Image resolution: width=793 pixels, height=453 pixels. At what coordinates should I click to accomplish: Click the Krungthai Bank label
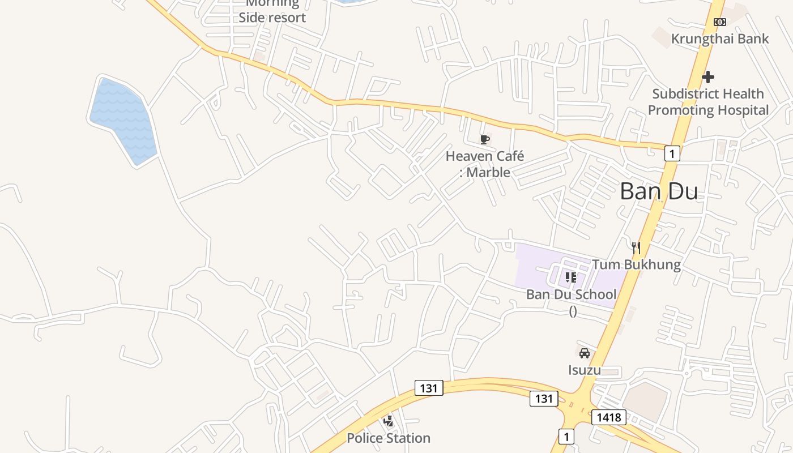tap(719, 39)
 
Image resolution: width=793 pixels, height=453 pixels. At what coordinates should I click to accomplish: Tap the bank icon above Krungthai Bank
tap(719, 22)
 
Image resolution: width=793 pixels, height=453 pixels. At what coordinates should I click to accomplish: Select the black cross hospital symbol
tap(708, 77)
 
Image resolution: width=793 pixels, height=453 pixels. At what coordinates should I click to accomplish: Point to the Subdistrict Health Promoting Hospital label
tap(708, 102)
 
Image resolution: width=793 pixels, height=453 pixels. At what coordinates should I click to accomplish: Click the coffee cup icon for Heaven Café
tap(484, 139)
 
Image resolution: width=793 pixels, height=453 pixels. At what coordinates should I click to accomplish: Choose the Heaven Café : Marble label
tap(485, 164)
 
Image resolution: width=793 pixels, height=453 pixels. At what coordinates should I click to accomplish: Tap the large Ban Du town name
tap(659, 191)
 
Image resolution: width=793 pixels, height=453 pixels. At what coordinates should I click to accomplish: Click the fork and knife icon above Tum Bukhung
tap(636, 247)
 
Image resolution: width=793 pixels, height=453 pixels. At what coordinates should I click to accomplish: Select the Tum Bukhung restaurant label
tap(636, 264)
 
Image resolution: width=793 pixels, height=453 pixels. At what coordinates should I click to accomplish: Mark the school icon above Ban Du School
tap(571, 277)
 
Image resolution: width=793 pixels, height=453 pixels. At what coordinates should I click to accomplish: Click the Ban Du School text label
tap(571, 294)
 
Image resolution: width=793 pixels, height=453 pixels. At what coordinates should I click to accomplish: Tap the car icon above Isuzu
tap(585, 353)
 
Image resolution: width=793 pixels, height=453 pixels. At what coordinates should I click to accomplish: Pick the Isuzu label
tap(585, 370)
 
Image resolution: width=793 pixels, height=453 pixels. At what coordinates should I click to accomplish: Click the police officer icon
tap(389, 421)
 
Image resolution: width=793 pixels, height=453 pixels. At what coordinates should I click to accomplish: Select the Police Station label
tap(389, 438)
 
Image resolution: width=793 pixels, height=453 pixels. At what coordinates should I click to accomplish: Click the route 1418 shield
tap(609, 418)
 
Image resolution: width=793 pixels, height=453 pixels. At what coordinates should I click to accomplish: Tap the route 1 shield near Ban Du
tap(672, 153)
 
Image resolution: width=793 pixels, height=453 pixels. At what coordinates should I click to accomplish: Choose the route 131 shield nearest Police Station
tap(429, 388)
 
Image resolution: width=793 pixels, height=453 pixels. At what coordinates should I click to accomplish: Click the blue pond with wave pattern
tap(123, 121)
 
